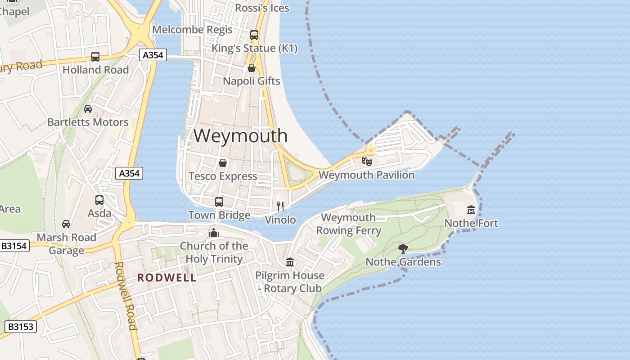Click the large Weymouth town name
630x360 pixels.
240,135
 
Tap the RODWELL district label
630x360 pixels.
167,278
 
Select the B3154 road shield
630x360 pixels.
14,246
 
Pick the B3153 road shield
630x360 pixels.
21,326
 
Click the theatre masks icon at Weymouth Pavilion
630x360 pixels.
367,161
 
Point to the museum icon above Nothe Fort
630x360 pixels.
471,210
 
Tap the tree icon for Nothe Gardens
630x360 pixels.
403,248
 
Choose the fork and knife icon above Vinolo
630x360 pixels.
280,207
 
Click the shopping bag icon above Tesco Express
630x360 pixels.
222,163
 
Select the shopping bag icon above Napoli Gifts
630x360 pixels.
252,68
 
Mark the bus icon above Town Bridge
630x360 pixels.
219,202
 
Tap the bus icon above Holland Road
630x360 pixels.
95,57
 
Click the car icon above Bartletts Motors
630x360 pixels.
88,109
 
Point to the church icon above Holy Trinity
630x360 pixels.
214,233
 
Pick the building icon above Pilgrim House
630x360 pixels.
290,262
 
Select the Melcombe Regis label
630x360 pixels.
193,30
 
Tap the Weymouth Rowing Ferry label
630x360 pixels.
349,224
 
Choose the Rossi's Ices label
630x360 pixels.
262,8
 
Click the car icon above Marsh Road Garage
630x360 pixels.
66,224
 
